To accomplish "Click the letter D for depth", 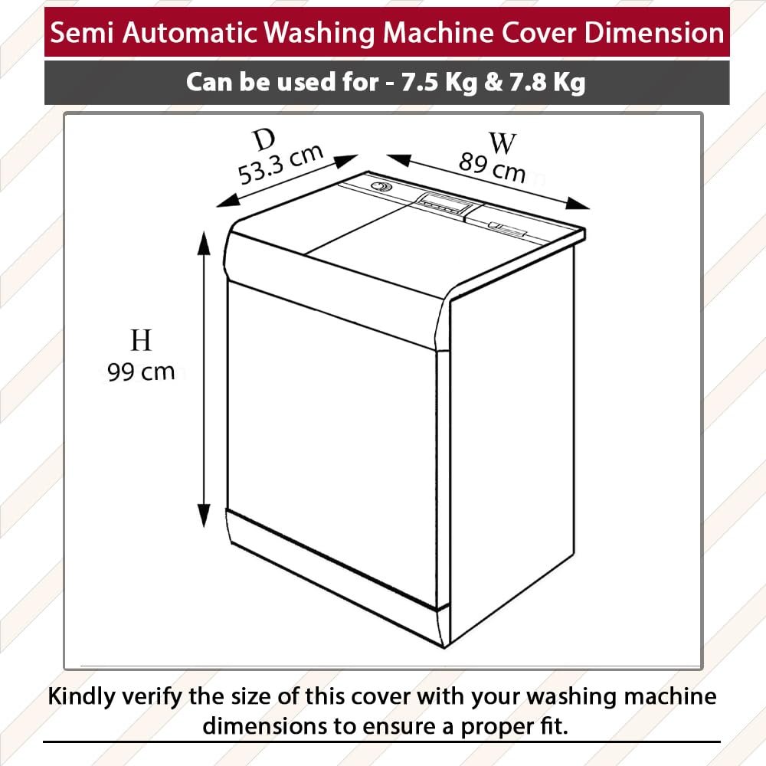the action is (265, 141).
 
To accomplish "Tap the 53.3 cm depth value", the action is (281, 165).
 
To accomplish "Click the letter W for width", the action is (502, 144).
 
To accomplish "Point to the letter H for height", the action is (141, 341).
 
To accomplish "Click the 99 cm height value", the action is (141, 372).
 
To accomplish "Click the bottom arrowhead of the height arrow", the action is (204, 516).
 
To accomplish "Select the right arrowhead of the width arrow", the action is (578, 204).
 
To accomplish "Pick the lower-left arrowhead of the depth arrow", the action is (228, 200).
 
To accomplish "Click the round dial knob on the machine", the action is (380, 186).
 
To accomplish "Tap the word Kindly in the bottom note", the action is (82, 697).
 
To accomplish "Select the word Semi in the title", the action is (82, 33).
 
